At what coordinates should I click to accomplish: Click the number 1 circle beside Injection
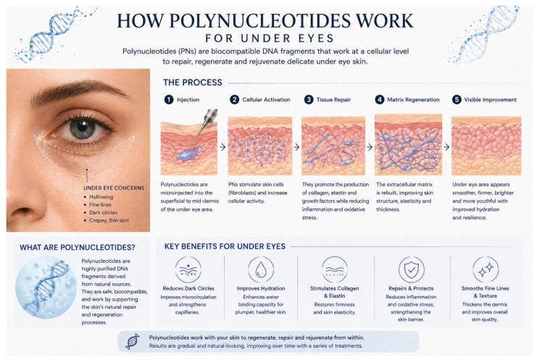point(169,99)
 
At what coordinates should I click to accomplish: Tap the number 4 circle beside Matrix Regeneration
point(380,99)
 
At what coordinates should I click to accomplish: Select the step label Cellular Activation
point(266,99)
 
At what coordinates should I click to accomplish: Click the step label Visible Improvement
point(490,99)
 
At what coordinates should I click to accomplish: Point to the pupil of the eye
point(82,126)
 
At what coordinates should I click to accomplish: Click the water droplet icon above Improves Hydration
point(261,269)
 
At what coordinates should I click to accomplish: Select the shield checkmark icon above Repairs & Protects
point(412,269)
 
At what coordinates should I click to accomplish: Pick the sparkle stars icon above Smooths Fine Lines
point(486,269)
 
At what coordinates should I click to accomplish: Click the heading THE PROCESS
point(193,83)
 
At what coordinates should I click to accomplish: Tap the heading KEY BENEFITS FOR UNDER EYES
point(225,246)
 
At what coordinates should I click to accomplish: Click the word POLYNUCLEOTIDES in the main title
point(260,21)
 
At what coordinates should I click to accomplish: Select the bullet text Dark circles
point(103,212)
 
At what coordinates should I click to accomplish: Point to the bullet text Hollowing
point(101,197)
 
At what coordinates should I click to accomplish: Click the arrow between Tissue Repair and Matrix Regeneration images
point(370,147)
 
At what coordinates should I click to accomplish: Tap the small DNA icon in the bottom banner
point(133,341)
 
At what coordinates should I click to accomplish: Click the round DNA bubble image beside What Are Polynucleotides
point(46,288)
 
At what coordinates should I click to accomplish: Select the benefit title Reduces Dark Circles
point(188,288)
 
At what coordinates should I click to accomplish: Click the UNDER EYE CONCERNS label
point(114,188)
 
